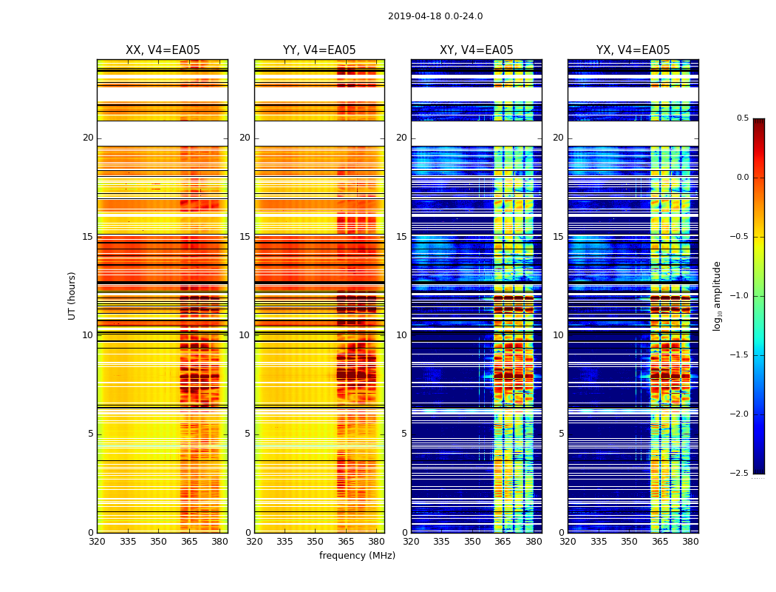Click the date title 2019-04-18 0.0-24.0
(435, 16)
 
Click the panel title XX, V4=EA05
(163, 50)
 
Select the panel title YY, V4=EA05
(319, 50)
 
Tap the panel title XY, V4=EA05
(476, 50)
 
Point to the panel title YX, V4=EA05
(633, 50)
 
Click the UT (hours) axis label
(72, 295)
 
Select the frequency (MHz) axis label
(357, 556)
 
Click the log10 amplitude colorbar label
(717, 295)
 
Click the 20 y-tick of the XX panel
(88, 138)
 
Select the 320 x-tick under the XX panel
(97, 542)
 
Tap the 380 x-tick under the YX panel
(690, 542)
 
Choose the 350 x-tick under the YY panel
(316, 542)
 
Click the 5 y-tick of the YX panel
(561, 434)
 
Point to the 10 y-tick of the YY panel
(245, 335)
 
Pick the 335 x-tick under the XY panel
(442, 542)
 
